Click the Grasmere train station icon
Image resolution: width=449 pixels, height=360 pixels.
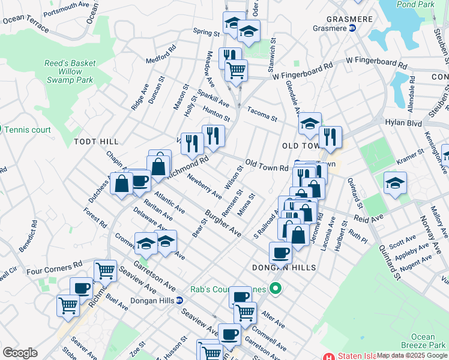(x=353, y=28)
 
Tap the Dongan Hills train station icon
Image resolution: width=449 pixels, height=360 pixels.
(x=179, y=300)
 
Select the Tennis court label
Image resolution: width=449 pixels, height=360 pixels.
(x=29, y=129)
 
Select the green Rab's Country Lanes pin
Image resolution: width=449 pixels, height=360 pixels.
(x=276, y=290)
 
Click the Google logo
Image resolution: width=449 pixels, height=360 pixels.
(x=20, y=352)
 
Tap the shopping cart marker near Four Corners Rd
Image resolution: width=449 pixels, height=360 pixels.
(x=105, y=271)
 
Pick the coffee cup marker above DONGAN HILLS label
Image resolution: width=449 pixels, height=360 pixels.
(x=280, y=252)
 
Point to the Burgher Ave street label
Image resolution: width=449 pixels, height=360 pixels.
(x=223, y=224)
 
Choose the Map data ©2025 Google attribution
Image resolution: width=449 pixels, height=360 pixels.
(x=412, y=355)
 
